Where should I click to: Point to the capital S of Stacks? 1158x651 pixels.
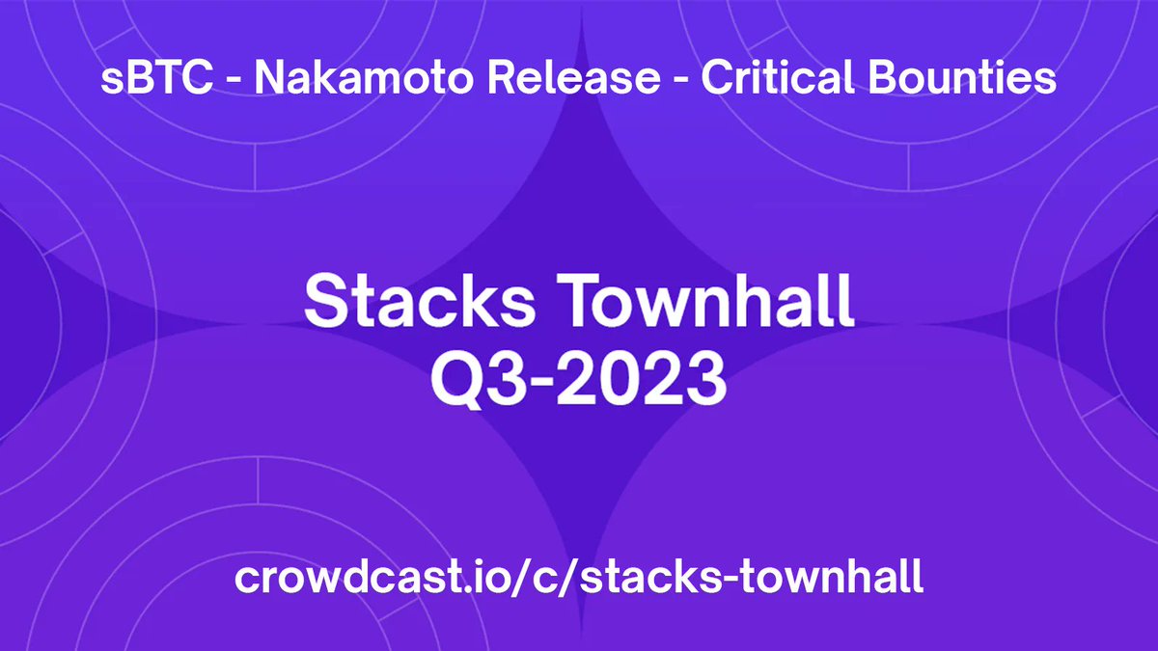point(324,302)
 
